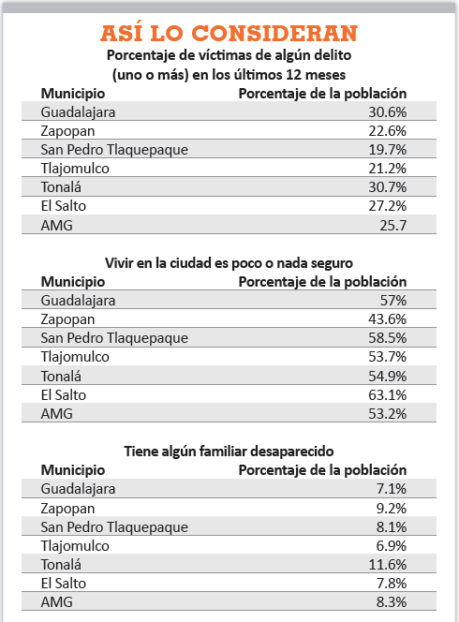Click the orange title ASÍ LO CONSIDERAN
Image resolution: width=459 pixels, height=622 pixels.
[x=229, y=33]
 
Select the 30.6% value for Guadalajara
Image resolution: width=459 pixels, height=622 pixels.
[x=387, y=112]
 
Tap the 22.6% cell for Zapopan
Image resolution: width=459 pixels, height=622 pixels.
[x=387, y=131]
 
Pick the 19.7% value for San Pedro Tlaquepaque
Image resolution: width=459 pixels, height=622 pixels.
[x=387, y=150]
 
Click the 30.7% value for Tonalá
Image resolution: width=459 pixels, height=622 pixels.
[x=387, y=186]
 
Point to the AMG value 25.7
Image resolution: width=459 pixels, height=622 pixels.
[x=392, y=226]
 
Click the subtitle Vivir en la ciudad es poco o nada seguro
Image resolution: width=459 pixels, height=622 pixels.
[x=229, y=263]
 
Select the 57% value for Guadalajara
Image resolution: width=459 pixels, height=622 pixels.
[x=393, y=301]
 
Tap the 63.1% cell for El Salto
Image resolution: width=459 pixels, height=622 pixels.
[x=387, y=395]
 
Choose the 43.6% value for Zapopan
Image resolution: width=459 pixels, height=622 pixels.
[x=387, y=319]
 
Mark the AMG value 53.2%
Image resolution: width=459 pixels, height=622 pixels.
[x=387, y=414]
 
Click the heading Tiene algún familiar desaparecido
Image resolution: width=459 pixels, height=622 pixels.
[x=229, y=452]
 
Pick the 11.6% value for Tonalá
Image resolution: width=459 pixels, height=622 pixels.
[x=387, y=565]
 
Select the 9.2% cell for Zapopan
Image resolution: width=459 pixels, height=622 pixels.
[x=392, y=508]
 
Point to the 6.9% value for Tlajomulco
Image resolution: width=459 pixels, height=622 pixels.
[x=392, y=546]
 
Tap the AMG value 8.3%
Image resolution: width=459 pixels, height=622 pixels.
[x=392, y=602]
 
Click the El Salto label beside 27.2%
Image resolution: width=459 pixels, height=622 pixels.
[x=63, y=206]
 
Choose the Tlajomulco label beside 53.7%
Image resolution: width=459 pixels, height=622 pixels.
[x=75, y=357]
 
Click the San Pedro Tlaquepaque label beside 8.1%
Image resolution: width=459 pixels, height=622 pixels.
[x=114, y=527]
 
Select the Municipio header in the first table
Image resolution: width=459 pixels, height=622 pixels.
[x=73, y=94]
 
